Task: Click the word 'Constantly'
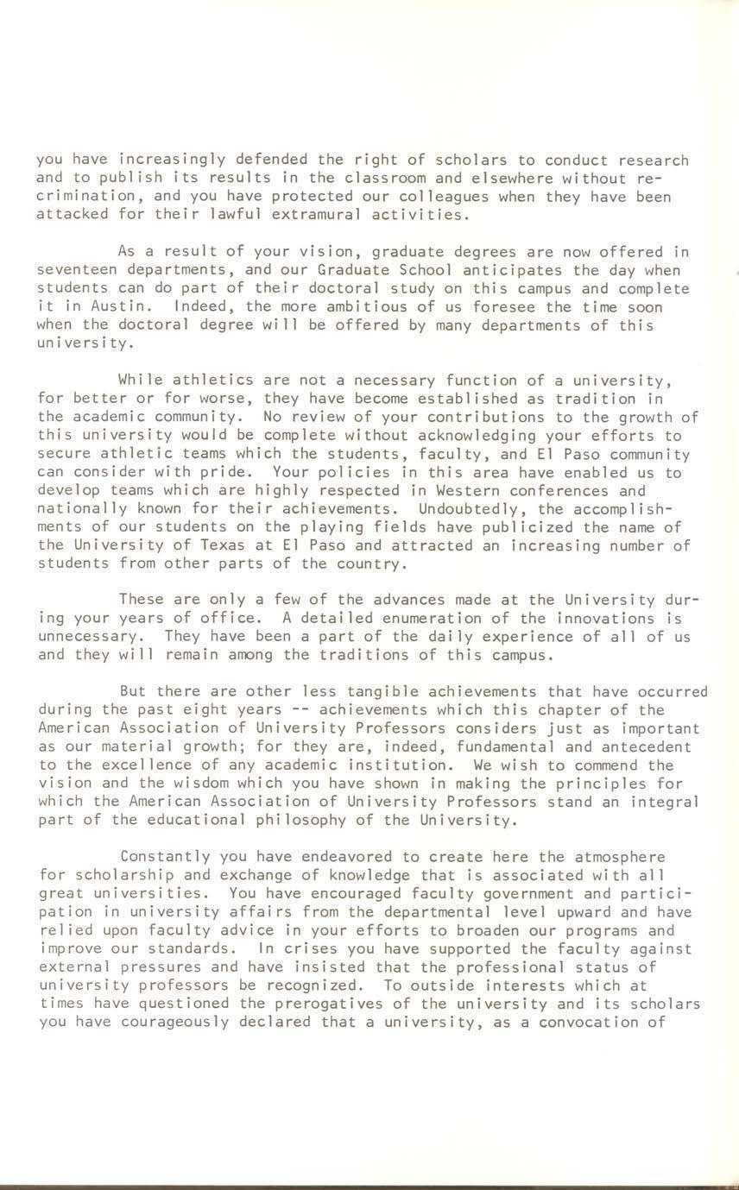tap(165, 856)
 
